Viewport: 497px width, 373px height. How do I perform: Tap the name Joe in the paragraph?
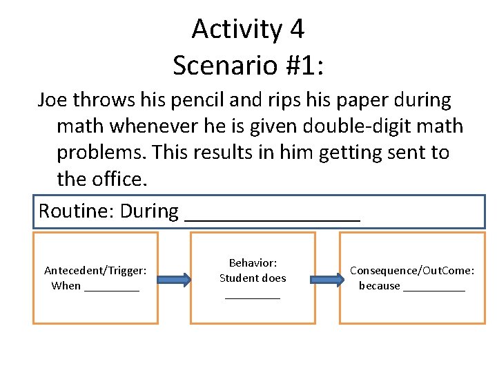point(52,100)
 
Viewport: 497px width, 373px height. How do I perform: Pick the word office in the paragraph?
point(117,179)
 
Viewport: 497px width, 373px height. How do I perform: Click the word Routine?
point(75,211)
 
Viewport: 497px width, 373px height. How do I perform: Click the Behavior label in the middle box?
point(253,263)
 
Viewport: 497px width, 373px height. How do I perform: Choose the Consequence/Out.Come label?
point(412,270)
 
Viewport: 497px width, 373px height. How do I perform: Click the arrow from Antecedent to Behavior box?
point(174,280)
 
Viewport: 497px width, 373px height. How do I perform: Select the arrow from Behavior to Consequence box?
point(327,280)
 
